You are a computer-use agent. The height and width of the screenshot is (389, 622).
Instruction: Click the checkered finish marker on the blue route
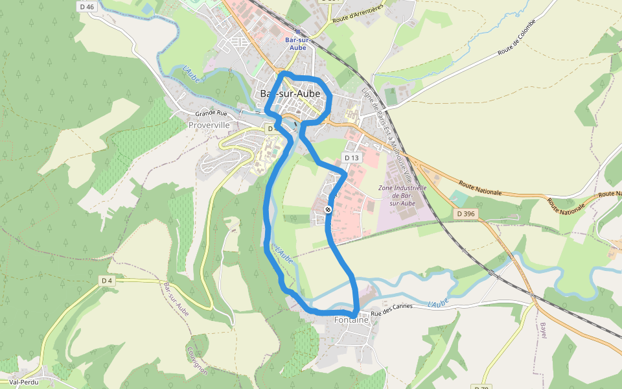point(328,209)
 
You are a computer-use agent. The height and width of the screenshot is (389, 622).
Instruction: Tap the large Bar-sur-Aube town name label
point(290,94)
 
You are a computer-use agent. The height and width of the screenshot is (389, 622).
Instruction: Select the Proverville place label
point(209,124)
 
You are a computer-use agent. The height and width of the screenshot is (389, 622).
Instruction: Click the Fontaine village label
point(351,320)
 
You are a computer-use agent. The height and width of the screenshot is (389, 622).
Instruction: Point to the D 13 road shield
point(351,158)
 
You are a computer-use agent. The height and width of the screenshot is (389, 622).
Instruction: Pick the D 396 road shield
point(465,214)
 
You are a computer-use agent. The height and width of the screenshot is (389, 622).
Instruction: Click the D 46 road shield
point(86,6)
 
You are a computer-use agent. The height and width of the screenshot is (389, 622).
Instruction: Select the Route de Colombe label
point(517,37)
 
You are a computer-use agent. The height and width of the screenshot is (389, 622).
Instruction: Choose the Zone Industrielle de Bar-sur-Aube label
point(402,195)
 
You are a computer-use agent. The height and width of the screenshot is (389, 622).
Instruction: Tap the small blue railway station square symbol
point(297,30)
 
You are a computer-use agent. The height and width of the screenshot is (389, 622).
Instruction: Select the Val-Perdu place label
point(23,383)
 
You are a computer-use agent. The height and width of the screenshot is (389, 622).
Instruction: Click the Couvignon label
point(197,361)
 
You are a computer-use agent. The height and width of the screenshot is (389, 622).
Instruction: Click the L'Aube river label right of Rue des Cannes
point(439,303)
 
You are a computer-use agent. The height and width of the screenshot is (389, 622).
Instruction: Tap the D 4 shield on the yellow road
point(107,280)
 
